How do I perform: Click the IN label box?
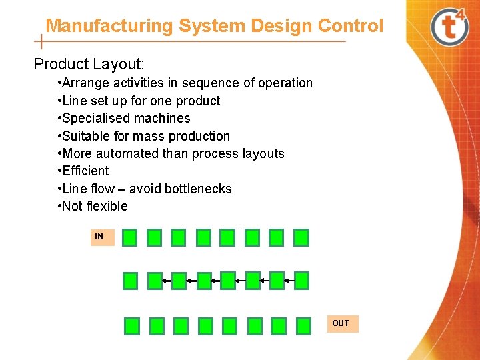102,237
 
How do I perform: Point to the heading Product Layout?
89,65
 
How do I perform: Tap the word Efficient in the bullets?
86,171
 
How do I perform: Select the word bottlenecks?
199,189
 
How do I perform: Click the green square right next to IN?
130,237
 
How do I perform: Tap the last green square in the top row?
301,237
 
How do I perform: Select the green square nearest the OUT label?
303,325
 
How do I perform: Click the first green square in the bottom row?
132,325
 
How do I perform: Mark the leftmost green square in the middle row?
131,281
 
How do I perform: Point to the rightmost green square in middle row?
301,281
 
